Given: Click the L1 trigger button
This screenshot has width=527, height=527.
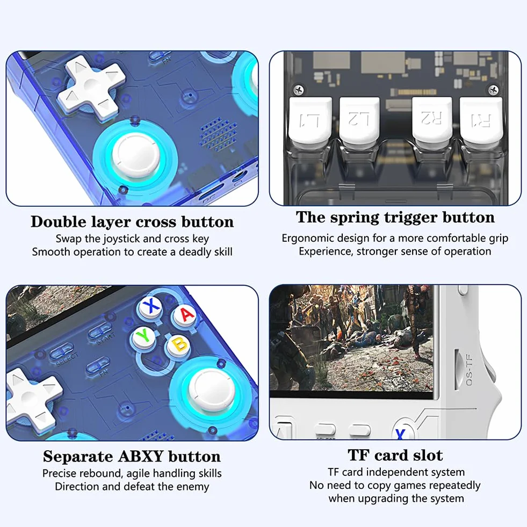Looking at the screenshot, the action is point(310,120).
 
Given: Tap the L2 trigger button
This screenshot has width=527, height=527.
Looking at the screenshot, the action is point(359,120).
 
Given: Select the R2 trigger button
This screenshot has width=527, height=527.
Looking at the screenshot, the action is point(432,119).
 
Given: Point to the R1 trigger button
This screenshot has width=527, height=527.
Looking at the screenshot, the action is point(481,120).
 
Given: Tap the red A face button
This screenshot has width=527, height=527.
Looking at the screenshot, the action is point(186,315).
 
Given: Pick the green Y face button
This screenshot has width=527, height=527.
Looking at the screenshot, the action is point(143,337).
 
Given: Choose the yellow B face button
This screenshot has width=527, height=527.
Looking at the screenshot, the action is point(178,346).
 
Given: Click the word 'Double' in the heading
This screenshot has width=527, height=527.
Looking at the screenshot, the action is point(59,222).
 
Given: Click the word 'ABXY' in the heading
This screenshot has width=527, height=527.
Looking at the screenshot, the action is point(141,457).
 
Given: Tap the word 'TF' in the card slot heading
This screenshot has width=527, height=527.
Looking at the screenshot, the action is point(358,455).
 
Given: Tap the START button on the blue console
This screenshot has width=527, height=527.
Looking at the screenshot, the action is point(100,332).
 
